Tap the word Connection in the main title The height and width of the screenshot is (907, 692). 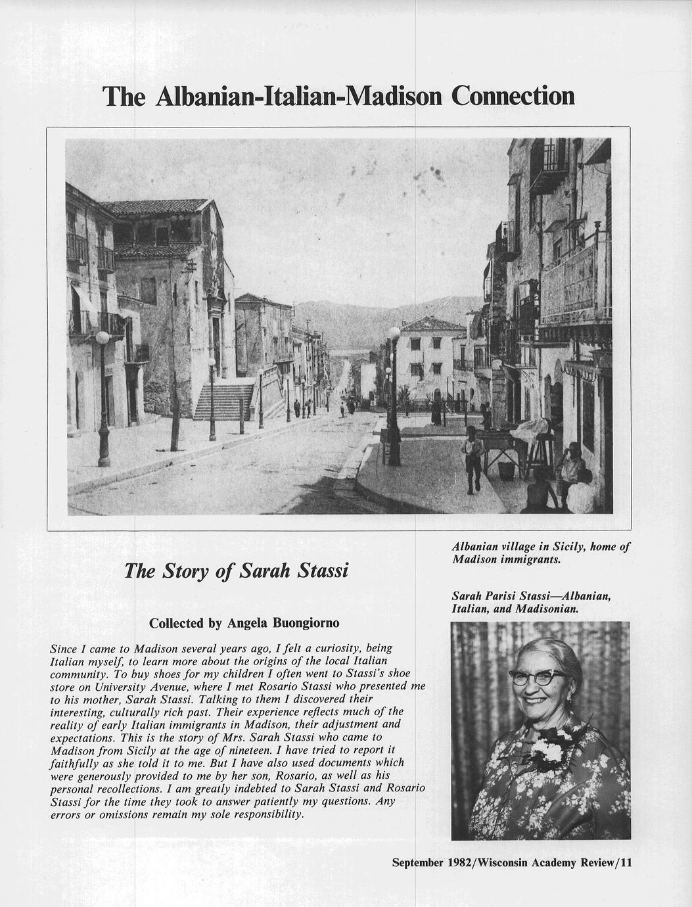(511, 97)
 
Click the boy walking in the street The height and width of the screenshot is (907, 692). (473, 457)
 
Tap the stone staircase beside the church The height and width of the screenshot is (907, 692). (224, 401)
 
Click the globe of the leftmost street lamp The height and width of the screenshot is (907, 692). (103, 338)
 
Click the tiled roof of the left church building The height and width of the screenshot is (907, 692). (158, 207)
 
